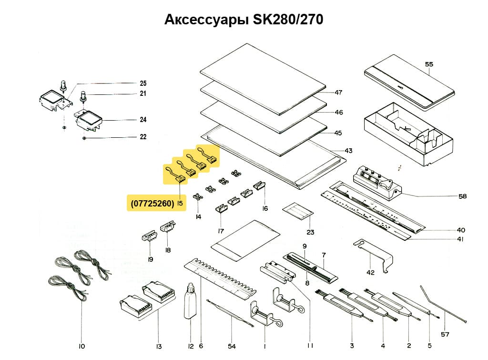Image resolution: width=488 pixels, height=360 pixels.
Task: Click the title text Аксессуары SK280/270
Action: (x=244, y=20)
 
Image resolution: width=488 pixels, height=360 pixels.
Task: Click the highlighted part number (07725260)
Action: (x=152, y=203)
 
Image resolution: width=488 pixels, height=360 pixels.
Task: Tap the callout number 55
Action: (x=429, y=64)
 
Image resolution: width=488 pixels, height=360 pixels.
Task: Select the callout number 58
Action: (x=462, y=196)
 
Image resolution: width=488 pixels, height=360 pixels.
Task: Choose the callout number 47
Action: (x=339, y=92)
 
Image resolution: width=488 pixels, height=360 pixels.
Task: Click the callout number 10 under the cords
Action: (x=81, y=346)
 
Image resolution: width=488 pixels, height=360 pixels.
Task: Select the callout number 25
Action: (x=143, y=83)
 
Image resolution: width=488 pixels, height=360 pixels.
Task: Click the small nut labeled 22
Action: (x=84, y=138)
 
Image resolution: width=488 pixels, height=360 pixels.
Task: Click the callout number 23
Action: (x=310, y=232)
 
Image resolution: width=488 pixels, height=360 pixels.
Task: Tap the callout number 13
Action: (x=159, y=346)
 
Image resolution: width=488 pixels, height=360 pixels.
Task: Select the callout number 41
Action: (x=460, y=239)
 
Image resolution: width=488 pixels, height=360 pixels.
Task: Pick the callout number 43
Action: (x=348, y=151)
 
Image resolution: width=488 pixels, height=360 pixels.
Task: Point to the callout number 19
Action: (x=150, y=259)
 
